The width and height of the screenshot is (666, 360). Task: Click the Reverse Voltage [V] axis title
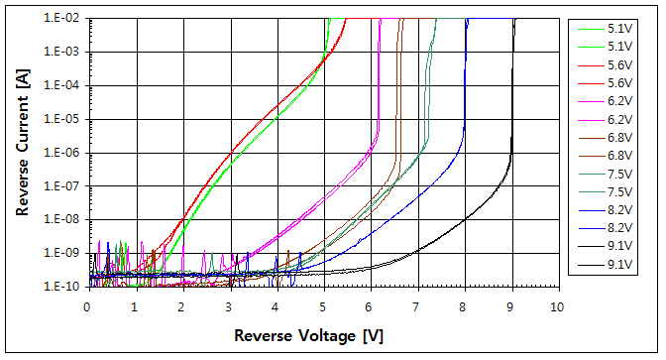308,336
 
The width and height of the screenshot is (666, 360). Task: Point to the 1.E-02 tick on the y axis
62,19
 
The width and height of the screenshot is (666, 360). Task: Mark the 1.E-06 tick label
62,153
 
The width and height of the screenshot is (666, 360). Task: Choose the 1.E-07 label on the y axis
62,186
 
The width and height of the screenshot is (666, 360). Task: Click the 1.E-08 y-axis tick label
62,220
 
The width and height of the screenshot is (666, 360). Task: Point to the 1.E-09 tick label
62,254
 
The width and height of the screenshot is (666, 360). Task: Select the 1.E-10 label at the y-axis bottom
62,288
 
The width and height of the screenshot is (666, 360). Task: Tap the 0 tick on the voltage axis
87,305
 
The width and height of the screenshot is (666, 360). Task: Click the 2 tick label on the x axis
181,305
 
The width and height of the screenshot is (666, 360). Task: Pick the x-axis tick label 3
229,305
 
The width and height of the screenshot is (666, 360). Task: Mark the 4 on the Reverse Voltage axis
276,305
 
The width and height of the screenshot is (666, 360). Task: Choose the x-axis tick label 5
323,305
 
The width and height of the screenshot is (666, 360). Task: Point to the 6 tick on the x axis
370,305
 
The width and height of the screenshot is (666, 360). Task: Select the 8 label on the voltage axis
464,305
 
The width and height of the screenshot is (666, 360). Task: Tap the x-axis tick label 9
511,305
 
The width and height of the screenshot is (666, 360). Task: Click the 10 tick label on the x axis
558,305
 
